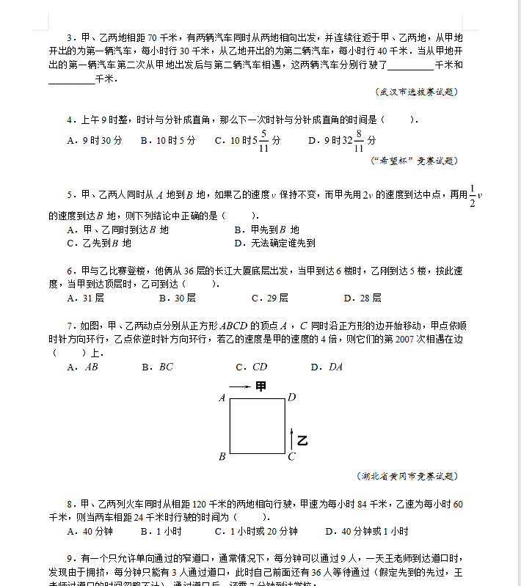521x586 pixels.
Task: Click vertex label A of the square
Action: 222,398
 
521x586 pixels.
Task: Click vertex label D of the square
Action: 291,398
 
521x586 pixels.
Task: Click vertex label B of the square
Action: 222,457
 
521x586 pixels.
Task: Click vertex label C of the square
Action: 291,457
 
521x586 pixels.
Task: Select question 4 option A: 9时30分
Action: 94,140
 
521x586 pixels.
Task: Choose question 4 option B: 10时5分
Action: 168,140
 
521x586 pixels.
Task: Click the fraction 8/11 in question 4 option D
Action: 359,140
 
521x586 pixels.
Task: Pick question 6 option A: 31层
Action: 85,299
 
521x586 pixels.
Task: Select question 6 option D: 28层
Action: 362,299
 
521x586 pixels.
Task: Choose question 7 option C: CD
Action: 252,367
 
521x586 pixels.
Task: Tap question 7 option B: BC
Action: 158,367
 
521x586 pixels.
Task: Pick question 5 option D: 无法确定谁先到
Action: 274,243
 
